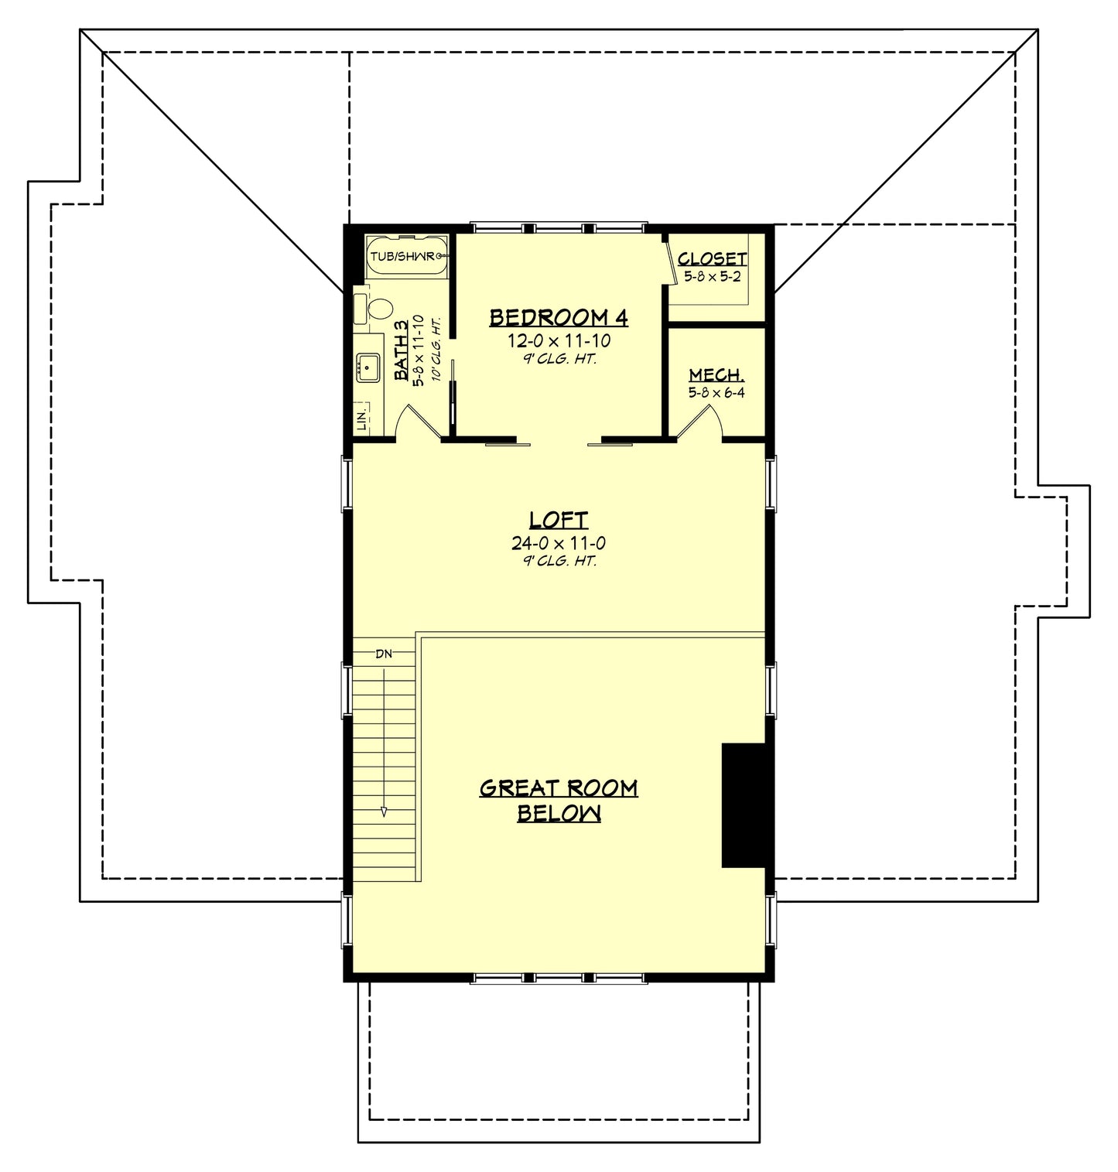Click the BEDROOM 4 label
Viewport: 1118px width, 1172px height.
[558, 317]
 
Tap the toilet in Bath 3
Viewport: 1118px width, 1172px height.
[378, 310]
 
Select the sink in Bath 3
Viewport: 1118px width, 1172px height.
[367, 366]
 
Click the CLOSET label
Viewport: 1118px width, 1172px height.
[713, 258]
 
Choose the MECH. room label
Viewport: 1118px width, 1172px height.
[716, 375]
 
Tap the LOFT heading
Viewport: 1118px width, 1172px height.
[559, 520]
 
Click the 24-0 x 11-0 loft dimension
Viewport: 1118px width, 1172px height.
[559, 543]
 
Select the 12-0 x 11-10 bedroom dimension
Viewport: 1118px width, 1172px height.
[559, 340]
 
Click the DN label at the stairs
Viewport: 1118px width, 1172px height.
[384, 654]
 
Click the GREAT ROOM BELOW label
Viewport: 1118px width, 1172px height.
[559, 800]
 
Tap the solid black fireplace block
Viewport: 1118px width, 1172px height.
[743, 805]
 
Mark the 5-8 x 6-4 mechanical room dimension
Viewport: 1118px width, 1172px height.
[716, 393]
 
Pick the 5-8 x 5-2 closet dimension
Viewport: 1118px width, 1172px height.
[713, 276]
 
